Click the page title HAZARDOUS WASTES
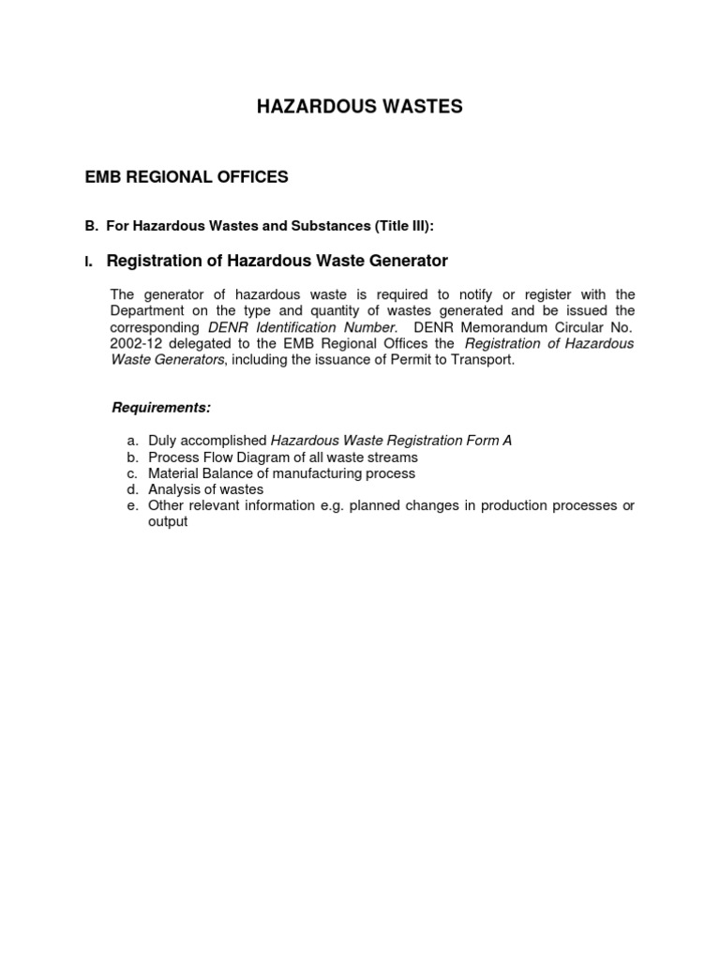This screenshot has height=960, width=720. click(x=359, y=108)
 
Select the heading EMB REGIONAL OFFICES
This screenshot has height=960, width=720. click(x=187, y=177)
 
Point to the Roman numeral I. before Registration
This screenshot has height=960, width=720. click(x=88, y=262)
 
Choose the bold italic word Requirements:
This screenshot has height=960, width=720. click(x=161, y=407)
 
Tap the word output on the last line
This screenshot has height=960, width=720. click(x=168, y=522)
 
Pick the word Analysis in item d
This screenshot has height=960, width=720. click(x=173, y=489)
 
